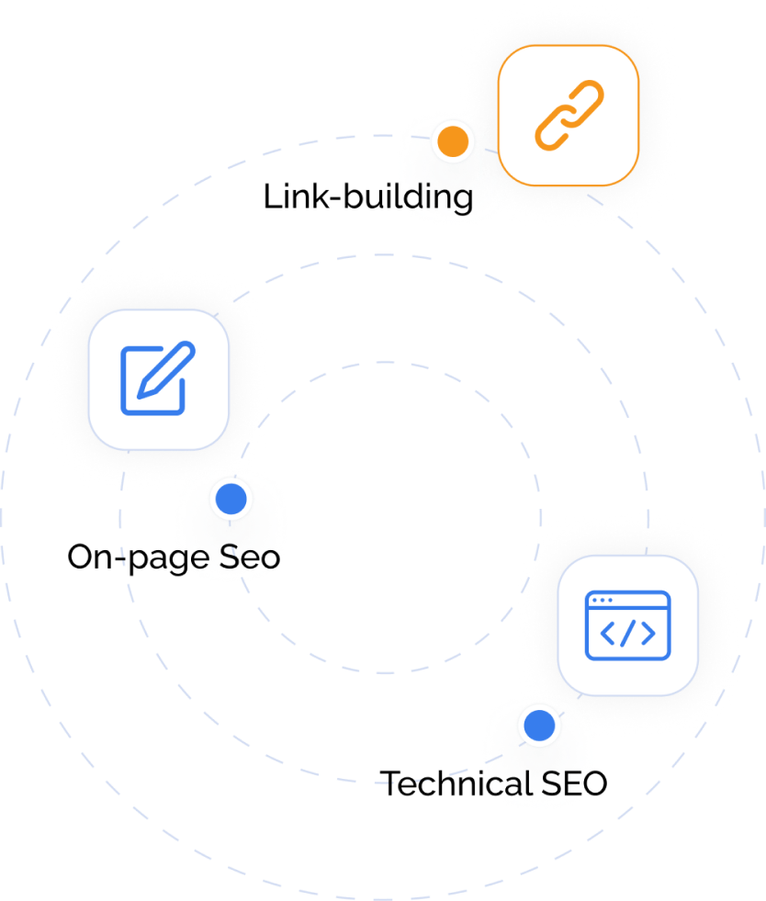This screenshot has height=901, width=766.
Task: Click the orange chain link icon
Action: pos(569,116)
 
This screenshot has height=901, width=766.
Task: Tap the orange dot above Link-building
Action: pos(453,141)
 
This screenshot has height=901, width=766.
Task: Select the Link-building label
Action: pos(368,197)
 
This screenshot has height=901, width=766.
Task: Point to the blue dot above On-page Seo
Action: pos(231,499)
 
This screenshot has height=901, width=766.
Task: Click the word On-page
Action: pos(139,557)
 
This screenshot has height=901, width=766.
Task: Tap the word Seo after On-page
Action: pos(250,557)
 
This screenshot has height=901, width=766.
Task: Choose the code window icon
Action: pos(627,625)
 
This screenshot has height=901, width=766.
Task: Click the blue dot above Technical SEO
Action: pos(539,726)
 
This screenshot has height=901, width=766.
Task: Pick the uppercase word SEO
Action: pos(574,783)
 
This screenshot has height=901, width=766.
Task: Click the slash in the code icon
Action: pos(627,633)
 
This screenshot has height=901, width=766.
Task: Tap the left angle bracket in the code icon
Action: pos(607,633)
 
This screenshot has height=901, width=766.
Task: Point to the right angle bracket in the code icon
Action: pos(648,633)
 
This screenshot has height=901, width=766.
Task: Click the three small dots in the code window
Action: pos(602,600)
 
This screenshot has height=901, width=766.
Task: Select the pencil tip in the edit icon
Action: pos(141,393)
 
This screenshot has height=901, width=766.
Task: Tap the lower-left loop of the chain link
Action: pos(554,129)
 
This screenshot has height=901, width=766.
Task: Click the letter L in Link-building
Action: pos(273,197)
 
